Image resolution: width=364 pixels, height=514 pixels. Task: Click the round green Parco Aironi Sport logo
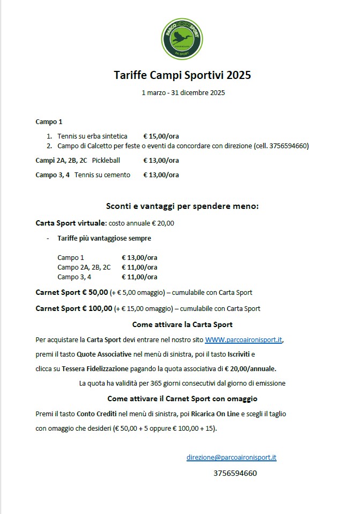click(x=182, y=39)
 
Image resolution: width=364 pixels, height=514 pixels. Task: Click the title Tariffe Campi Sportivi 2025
click(x=182, y=75)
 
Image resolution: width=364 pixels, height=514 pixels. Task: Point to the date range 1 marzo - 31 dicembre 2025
click(x=183, y=92)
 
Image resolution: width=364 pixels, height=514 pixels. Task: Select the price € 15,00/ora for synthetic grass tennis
click(x=161, y=136)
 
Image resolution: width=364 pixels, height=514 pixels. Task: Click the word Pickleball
click(x=106, y=160)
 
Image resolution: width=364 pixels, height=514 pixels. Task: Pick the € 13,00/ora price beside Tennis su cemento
click(x=161, y=175)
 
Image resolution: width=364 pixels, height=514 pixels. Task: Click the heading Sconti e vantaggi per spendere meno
click(x=182, y=206)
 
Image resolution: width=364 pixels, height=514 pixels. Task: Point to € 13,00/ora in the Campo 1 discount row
click(x=139, y=257)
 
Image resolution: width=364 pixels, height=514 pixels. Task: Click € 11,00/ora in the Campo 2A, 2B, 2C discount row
click(x=139, y=267)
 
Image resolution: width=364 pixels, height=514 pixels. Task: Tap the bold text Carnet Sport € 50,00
click(x=72, y=293)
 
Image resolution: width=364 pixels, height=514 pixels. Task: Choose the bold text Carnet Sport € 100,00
click(x=74, y=308)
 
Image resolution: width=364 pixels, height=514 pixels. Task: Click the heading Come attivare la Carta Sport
click(x=182, y=324)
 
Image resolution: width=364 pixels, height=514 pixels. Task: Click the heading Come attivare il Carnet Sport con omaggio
click(x=182, y=399)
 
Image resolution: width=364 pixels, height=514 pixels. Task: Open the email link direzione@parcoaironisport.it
click(x=231, y=457)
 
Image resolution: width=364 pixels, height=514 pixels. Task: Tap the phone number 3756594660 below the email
click(x=235, y=473)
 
